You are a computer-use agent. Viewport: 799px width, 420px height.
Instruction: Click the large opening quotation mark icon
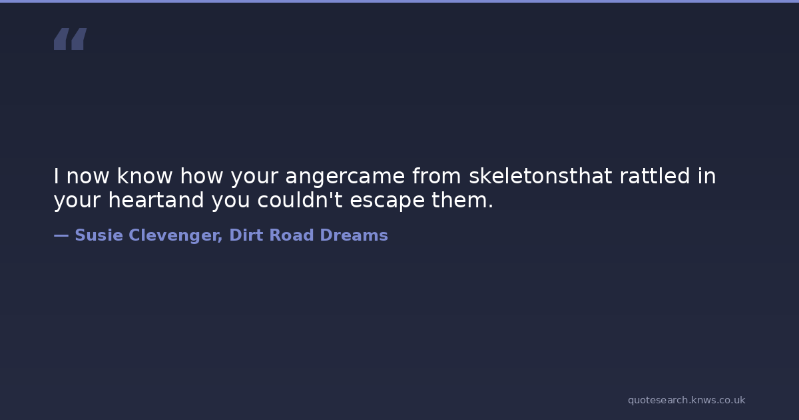pyautogui.click(x=71, y=39)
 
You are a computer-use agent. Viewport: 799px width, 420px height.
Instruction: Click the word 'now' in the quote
pyautogui.click(x=88, y=177)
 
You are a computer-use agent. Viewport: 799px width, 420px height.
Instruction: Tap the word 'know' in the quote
pyautogui.click(x=145, y=176)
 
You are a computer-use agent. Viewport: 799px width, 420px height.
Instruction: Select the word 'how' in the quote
pyautogui.click(x=202, y=176)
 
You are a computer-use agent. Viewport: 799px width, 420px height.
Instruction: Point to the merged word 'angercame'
pyautogui.click(x=346, y=177)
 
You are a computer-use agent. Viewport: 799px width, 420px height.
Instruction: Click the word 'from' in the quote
pyautogui.click(x=437, y=176)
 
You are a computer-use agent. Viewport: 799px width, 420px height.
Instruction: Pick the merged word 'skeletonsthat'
pyautogui.click(x=541, y=176)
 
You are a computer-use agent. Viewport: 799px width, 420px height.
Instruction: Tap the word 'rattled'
pyautogui.click(x=655, y=176)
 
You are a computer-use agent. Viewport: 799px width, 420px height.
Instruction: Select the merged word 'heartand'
pyautogui.click(x=156, y=199)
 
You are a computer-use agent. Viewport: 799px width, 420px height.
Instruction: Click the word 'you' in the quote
pyautogui.click(x=231, y=201)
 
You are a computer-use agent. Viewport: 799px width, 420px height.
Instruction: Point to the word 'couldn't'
pyautogui.click(x=300, y=199)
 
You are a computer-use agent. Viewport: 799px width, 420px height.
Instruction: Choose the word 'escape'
pyautogui.click(x=388, y=201)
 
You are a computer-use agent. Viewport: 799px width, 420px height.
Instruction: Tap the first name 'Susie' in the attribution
pyautogui.click(x=99, y=235)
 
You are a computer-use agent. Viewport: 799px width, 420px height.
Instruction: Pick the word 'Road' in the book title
pyautogui.click(x=292, y=235)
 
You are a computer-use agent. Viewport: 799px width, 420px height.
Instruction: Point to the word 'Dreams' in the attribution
pyautogui.click(x=354, y=235)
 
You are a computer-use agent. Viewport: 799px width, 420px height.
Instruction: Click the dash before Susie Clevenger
pyautogui.click(x=61, y=235)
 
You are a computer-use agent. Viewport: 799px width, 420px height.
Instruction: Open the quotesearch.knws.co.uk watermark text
pyautogui.click(x=686, y=400)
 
